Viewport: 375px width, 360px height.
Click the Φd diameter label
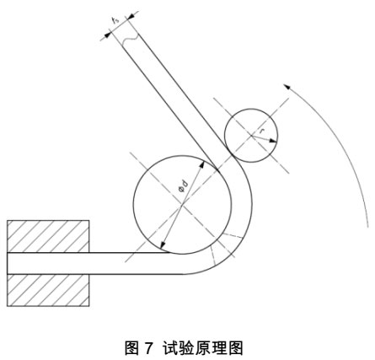(184, 186)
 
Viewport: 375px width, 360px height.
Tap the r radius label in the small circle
(262, 131)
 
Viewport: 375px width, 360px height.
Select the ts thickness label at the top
(115, 20)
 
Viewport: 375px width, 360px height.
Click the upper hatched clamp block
(48, 236)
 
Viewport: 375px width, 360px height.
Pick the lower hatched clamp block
(48, 290)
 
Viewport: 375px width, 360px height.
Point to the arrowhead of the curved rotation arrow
(287, 86)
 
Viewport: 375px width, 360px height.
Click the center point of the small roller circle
(251, 136)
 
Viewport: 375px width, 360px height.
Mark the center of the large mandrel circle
(183, 204)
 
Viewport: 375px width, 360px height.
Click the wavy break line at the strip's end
(131, 40)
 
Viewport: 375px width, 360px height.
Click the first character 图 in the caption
(131, 348)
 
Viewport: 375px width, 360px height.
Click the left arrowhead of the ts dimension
(108, 35)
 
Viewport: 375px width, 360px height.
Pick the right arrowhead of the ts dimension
(131, 17)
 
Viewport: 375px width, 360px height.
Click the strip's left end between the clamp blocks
(8, 263)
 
